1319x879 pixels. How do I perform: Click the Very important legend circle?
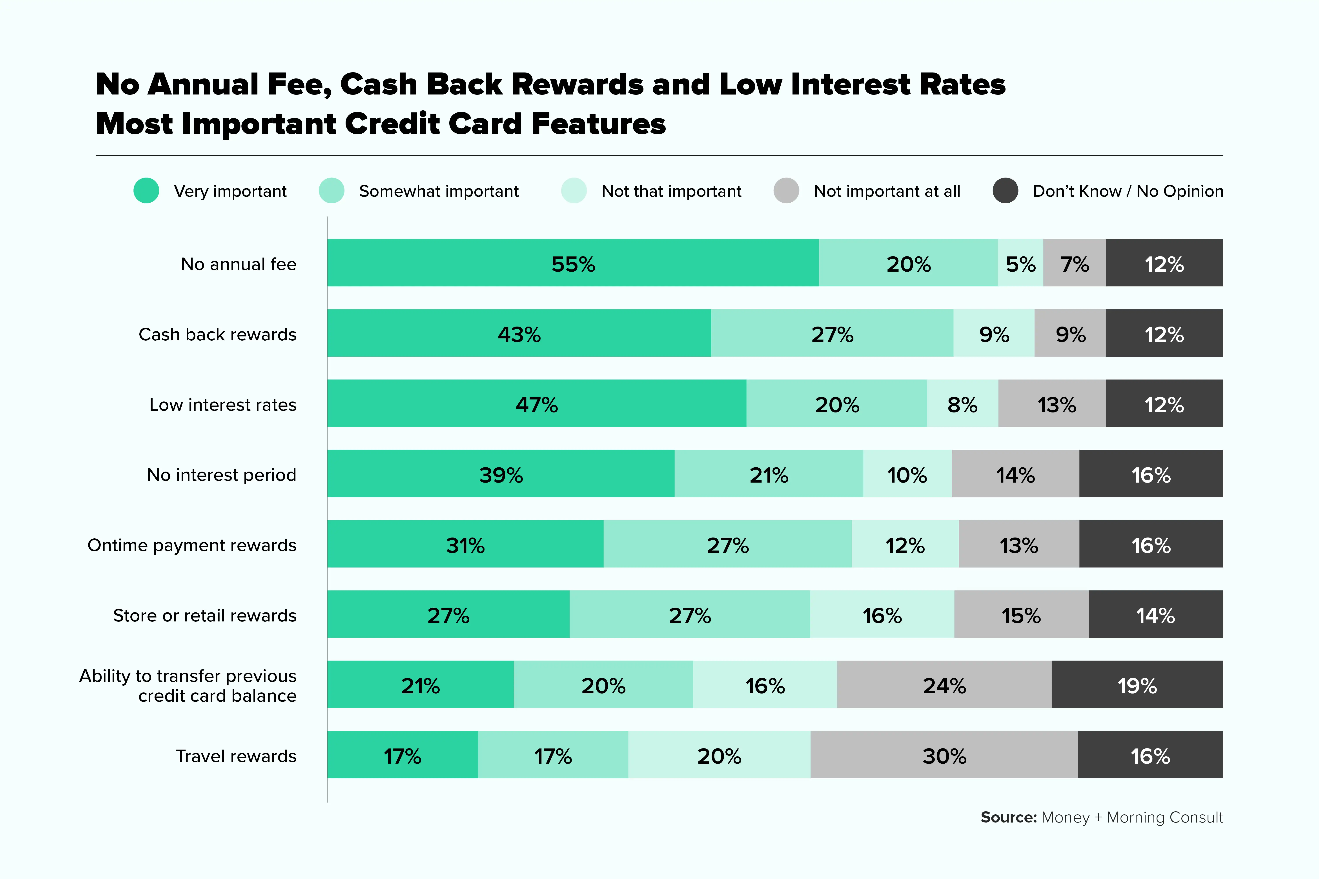tap(146, 191)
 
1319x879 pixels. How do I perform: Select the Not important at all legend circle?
tap(786, 191)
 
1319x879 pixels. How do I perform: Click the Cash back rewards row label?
tap(218, 334)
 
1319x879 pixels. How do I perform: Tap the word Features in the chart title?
tap(598, 124)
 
